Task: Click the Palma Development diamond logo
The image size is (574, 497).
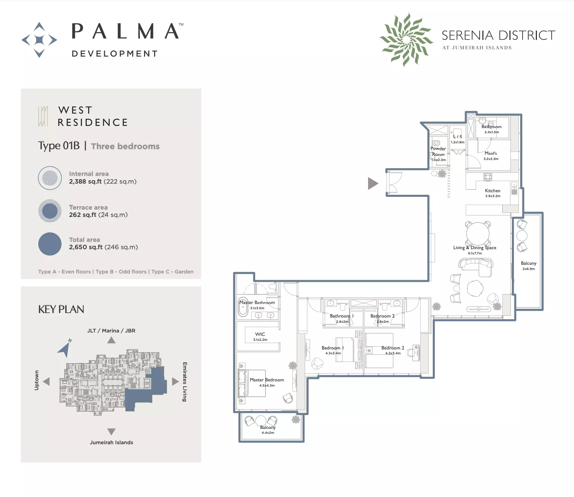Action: click(x=39, y=40)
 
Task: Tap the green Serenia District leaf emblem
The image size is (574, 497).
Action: click(x=406, y=39)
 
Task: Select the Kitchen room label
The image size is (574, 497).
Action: click(x=492, y=191)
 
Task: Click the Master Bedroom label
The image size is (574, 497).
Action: click(x=267, y=380)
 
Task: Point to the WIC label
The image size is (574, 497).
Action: click(x=260, y=334)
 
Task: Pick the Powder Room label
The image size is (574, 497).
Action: click(x=438, y=151)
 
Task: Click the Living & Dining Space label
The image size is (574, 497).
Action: click(x=474, y=247)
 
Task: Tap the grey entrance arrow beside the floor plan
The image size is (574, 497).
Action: click(x=373, y=183)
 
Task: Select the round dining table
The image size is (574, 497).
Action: click(x=478, y=234)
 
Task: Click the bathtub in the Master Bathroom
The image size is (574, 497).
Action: click(x=243, y=307)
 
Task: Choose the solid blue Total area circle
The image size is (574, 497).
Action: click(x=50, y=244)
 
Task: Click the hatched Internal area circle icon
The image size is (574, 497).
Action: click(x=50, y=178)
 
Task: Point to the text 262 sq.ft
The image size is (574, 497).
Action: click(x=83, y=215)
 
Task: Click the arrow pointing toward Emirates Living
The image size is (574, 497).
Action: click(x=175, y=382)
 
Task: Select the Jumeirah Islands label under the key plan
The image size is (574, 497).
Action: click(x=111, y=443)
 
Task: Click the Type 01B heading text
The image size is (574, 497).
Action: click(x=59, y=146)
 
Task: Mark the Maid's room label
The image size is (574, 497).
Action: click(x=491, y=153)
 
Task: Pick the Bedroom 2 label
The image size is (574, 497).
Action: click(x=392, y=348)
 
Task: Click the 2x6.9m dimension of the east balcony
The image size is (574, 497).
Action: click(x=529, y=269)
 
